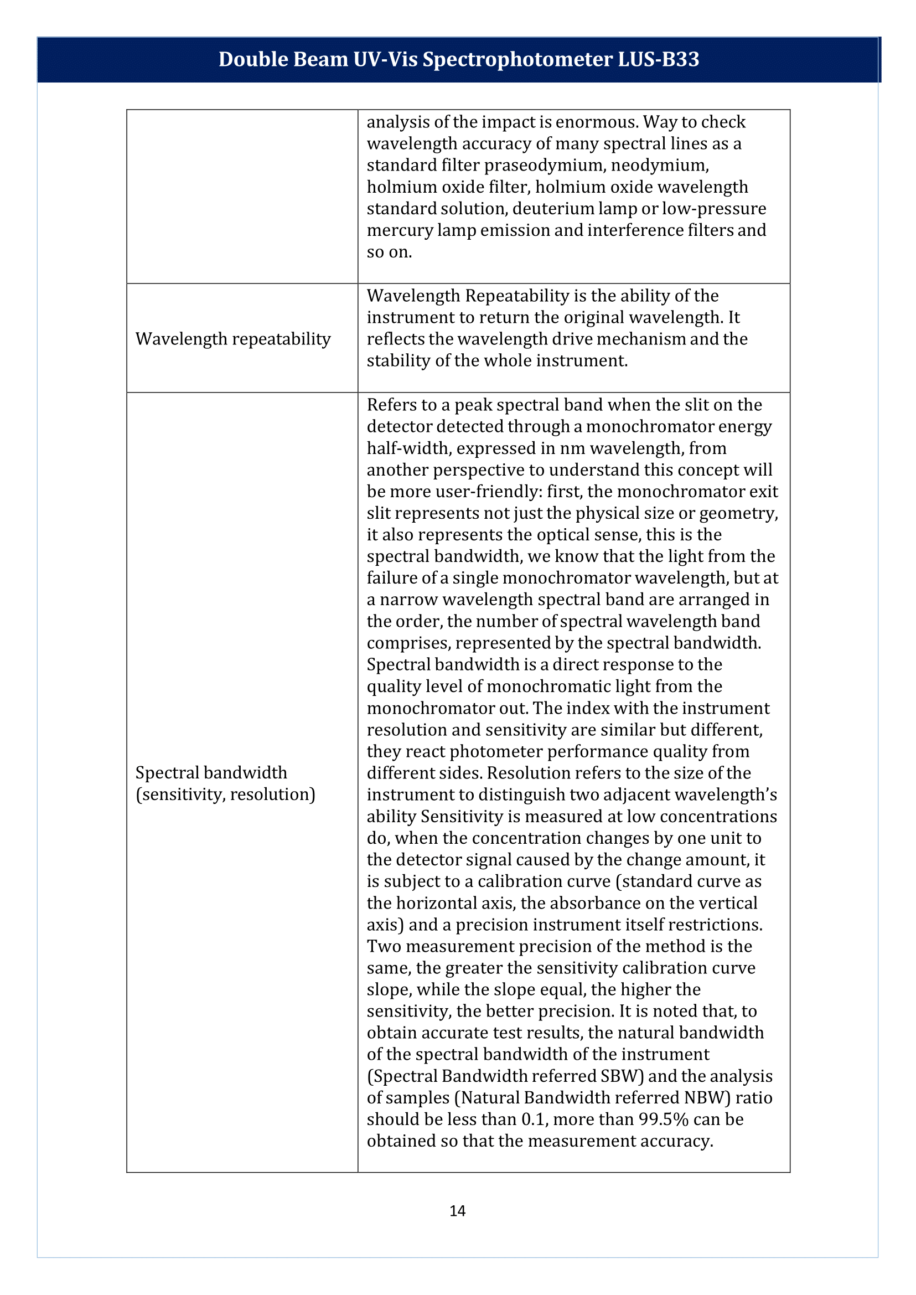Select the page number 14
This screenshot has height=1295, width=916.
(457, 1211)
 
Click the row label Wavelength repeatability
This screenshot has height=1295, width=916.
(233, 339)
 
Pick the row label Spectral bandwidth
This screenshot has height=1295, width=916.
(211, 772)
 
